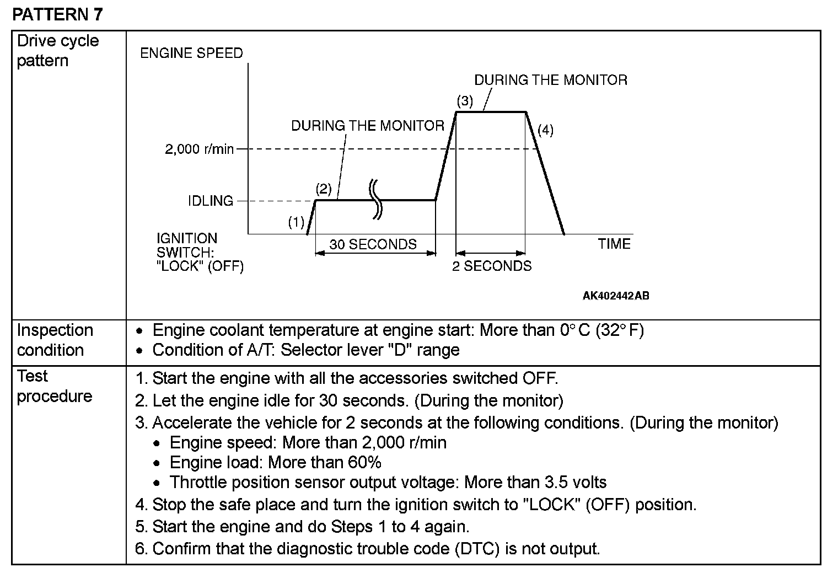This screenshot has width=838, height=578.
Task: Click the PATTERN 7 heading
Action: (57, 14)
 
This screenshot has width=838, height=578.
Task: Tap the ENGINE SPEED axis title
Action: (191, 53)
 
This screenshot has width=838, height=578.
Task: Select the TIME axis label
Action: (614, 244)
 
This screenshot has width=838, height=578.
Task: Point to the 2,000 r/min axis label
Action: (199, 149)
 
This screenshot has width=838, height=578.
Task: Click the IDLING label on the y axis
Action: (211, 201)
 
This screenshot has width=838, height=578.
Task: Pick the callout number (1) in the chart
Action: (296, 222)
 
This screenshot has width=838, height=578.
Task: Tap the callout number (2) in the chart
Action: (324, 190)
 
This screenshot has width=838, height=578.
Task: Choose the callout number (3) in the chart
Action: (465, 101)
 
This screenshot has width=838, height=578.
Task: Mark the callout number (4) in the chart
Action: (545, 130)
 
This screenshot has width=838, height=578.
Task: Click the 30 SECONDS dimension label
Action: (373, 244)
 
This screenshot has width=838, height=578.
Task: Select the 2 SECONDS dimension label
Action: (492, 266)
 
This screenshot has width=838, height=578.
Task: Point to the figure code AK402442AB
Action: (616, 296)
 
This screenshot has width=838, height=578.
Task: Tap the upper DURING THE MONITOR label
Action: (551, 80)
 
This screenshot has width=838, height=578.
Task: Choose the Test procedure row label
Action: (54, 386)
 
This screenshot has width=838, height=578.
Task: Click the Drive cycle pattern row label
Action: (58, 50)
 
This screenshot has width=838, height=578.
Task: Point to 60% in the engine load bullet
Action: (364, 462)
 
